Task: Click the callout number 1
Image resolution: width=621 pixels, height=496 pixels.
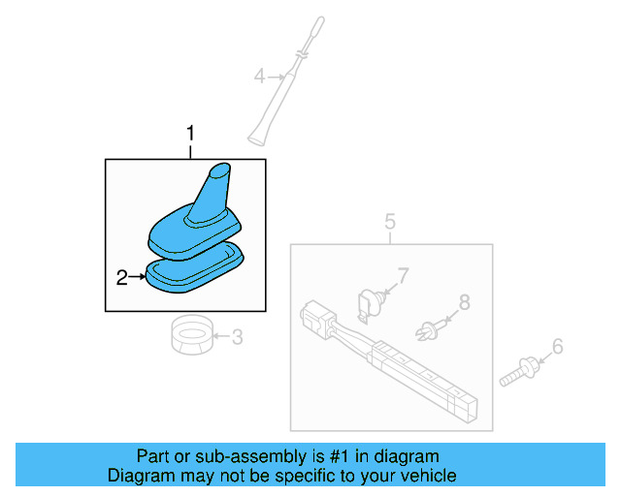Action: [191, 132]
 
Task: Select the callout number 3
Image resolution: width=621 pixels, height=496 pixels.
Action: [237, 337]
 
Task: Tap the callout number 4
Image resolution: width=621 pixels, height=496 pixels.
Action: [259, 75]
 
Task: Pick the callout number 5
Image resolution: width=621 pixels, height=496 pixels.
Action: [389, 223]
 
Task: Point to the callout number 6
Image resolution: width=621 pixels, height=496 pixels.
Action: [557, 346]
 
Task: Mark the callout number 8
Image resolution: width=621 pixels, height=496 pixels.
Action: [464, 302]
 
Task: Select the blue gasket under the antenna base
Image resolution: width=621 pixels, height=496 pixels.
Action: [194, 271]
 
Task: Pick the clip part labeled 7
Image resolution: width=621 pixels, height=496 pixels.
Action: [369, 302]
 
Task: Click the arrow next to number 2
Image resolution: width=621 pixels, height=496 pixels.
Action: [137, 278]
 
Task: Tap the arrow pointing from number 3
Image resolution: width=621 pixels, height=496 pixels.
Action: [221, 337]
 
